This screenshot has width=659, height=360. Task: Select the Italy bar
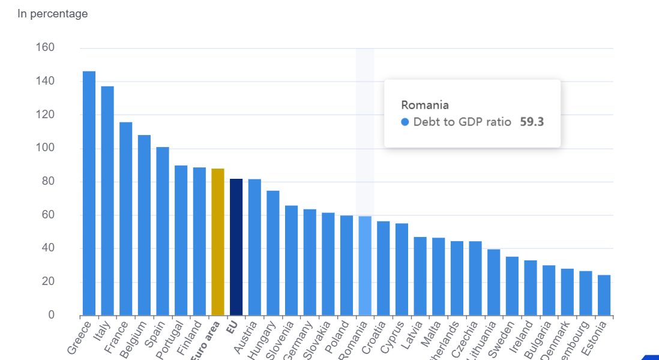tap(107, 201)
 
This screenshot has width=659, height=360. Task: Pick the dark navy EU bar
tap(236, 247)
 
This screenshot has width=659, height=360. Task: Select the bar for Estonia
tap(604, 295)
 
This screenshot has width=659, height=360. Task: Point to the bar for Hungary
tap(273, 253)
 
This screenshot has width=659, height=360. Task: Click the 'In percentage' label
tap(53, 14)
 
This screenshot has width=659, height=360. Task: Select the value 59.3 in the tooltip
tap(532, 122)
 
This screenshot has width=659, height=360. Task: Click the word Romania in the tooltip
tap(425, 105)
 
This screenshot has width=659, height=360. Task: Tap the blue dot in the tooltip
tap(405, 122)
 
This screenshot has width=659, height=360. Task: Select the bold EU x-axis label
tap(232, 328)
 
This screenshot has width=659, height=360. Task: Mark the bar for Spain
tap(163, 231)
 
